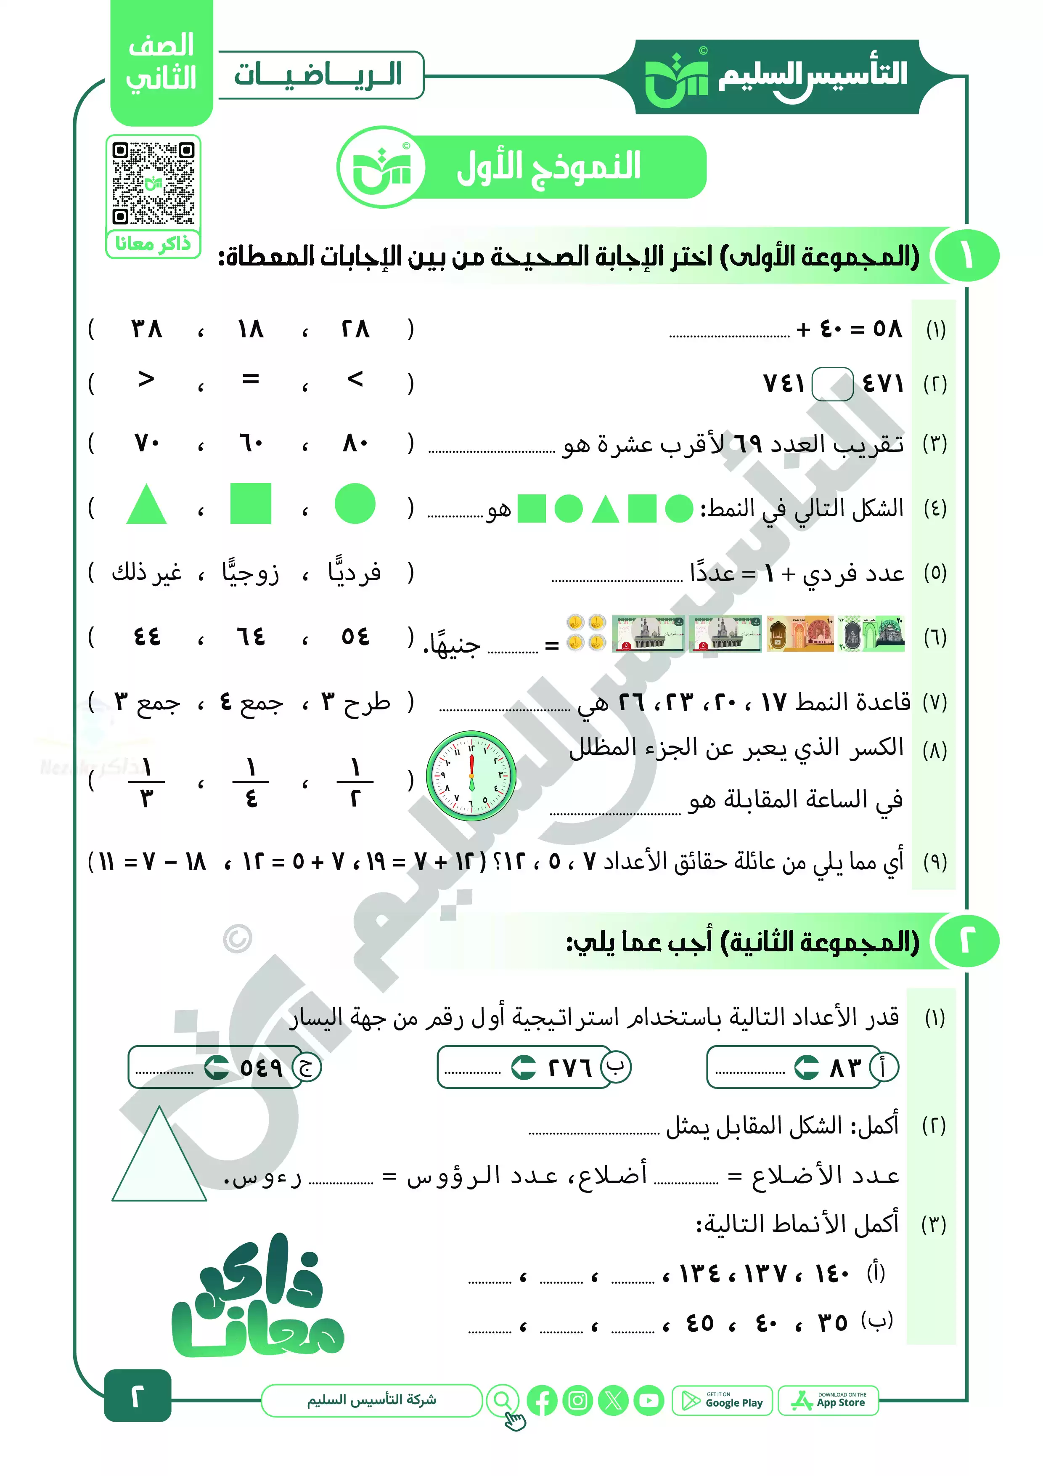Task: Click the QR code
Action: (x=153, y=183)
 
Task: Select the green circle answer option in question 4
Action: (x=355, y=503)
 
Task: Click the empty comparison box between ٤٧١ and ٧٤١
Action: (x=832, y=384)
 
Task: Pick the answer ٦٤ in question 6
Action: (x=251, y=637)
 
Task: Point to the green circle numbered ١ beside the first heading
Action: (x=966, y=257)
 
